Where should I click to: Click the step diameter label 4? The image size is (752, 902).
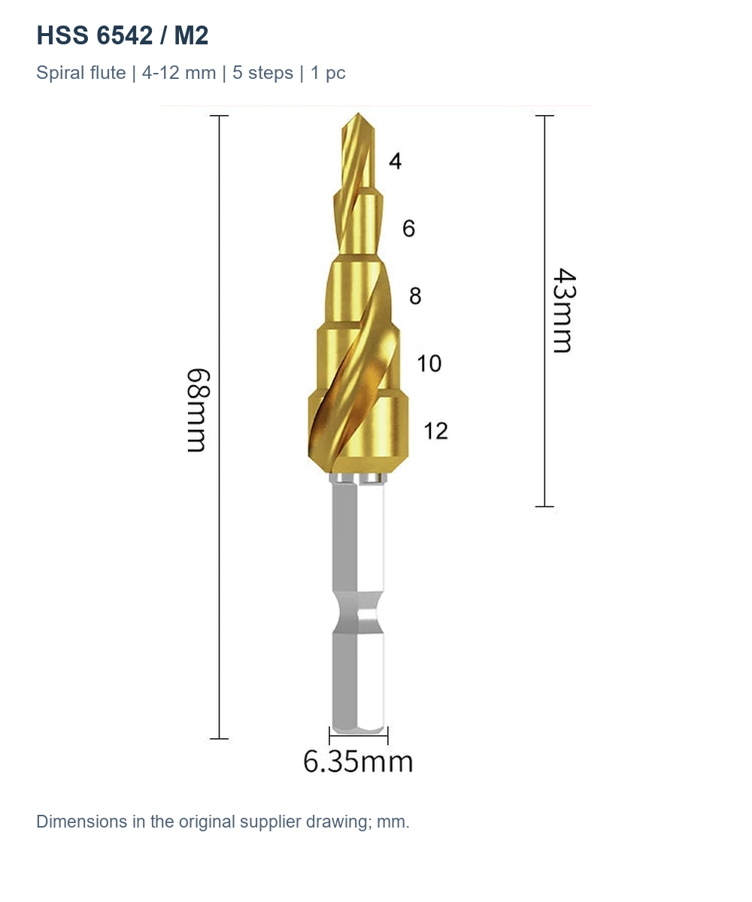point(395,161)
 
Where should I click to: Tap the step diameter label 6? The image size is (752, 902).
point(408,229)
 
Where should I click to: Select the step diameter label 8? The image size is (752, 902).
point(415,296)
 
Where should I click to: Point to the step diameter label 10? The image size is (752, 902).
point(429,363)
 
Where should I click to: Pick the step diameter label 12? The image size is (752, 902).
point(435,431)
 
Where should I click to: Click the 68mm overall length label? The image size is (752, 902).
point(199,410)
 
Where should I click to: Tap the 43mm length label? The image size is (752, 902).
point(564,310)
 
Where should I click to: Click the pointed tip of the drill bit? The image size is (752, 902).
point(358,114)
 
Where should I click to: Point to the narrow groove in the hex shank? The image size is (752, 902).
point(358,613)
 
